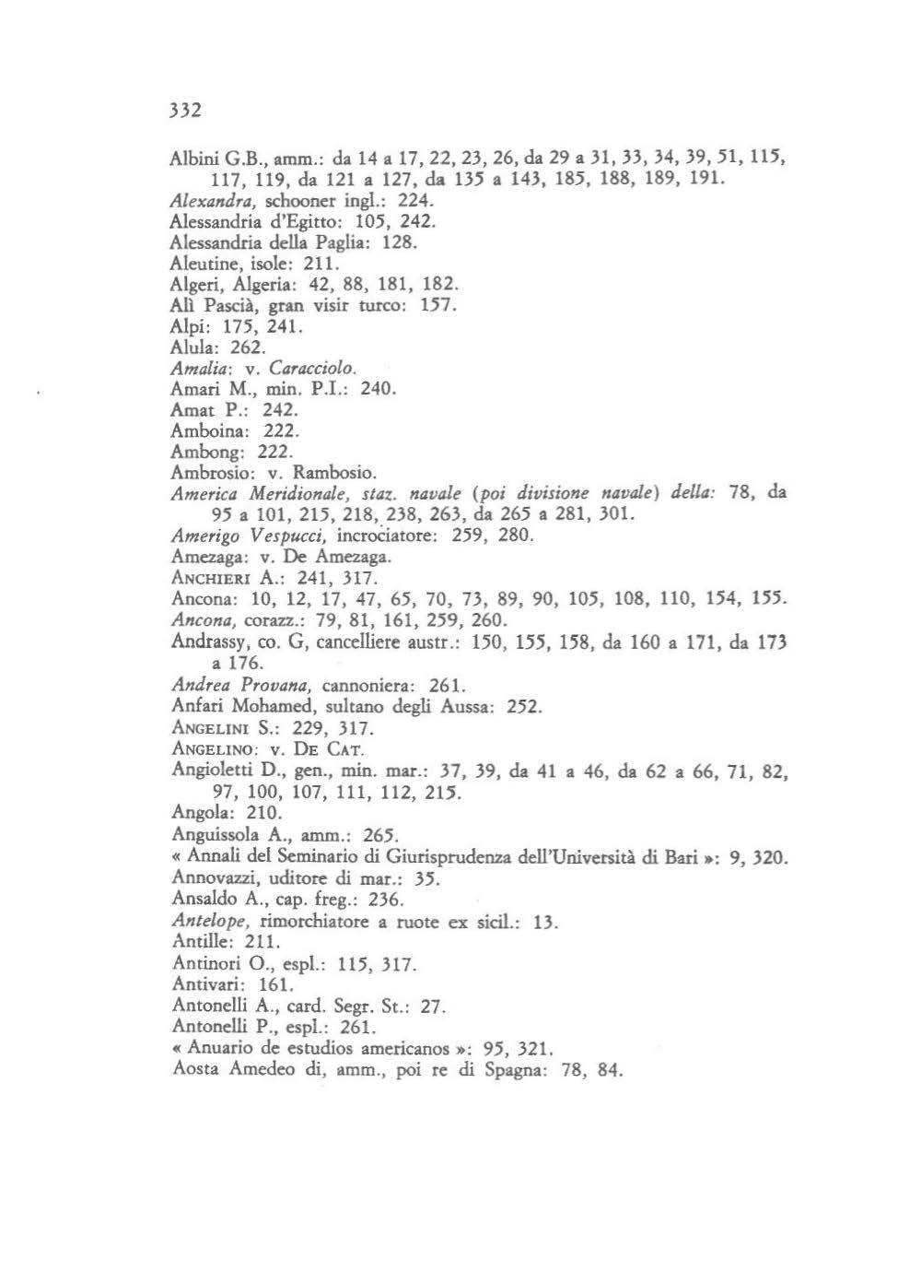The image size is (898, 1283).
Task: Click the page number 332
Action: (x=185, y=111)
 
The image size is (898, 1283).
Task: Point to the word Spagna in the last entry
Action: (x=506, y=1070)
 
